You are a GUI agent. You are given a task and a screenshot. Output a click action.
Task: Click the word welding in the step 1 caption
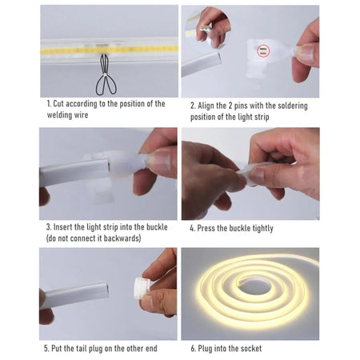point(63,114)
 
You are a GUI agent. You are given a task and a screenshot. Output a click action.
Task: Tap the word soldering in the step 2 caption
point(290,105)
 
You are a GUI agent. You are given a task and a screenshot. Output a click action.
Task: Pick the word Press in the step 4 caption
point(209,228)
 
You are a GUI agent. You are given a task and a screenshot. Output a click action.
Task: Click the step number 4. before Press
point(192,228)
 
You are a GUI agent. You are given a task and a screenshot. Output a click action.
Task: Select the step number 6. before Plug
point(192,348)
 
